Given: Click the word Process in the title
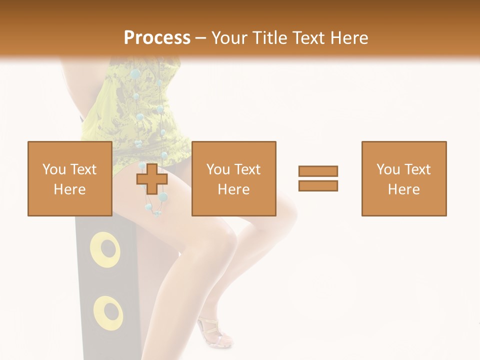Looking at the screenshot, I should (157, 37).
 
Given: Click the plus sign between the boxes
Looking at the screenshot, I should (152, 179).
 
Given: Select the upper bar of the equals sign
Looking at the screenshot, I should (318, 171).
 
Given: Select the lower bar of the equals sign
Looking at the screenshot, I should (318, 185).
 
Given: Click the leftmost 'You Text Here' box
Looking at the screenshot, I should (69, 178).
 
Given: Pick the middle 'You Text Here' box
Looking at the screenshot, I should (233, 178).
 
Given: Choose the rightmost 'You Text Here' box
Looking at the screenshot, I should (403, 178).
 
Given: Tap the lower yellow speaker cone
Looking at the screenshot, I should (107, 312).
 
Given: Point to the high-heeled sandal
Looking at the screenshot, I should (214, 332).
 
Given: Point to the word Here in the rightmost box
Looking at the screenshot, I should (403, 189).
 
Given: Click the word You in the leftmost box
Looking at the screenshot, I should (53, 169).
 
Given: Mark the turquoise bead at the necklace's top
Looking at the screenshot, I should (134, 74).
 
